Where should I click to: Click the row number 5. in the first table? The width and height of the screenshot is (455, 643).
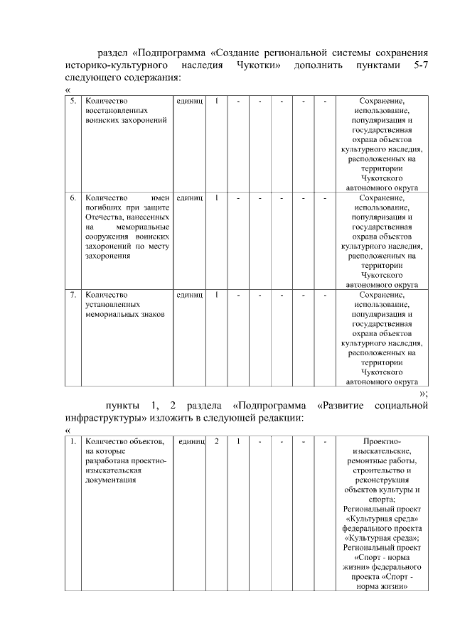[72, 102]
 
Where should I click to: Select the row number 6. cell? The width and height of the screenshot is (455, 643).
[72, 197]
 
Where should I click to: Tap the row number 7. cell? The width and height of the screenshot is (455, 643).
[72, 293]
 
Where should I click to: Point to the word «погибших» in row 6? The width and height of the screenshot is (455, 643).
[106, 207]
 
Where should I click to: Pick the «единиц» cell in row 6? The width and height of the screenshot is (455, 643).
[190, 197]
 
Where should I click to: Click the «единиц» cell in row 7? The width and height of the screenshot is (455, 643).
[190, 293]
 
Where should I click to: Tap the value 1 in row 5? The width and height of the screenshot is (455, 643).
[216, 102]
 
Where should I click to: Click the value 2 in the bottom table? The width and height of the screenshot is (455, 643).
[216, 441]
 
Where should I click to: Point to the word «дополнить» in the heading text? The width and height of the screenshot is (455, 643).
[313, 65]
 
